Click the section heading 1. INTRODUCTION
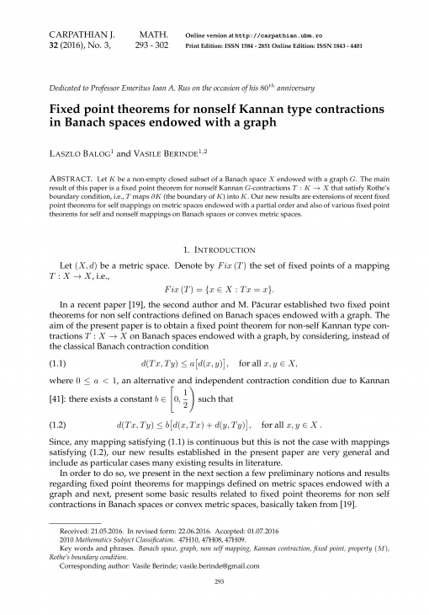[x=214, y=249]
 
